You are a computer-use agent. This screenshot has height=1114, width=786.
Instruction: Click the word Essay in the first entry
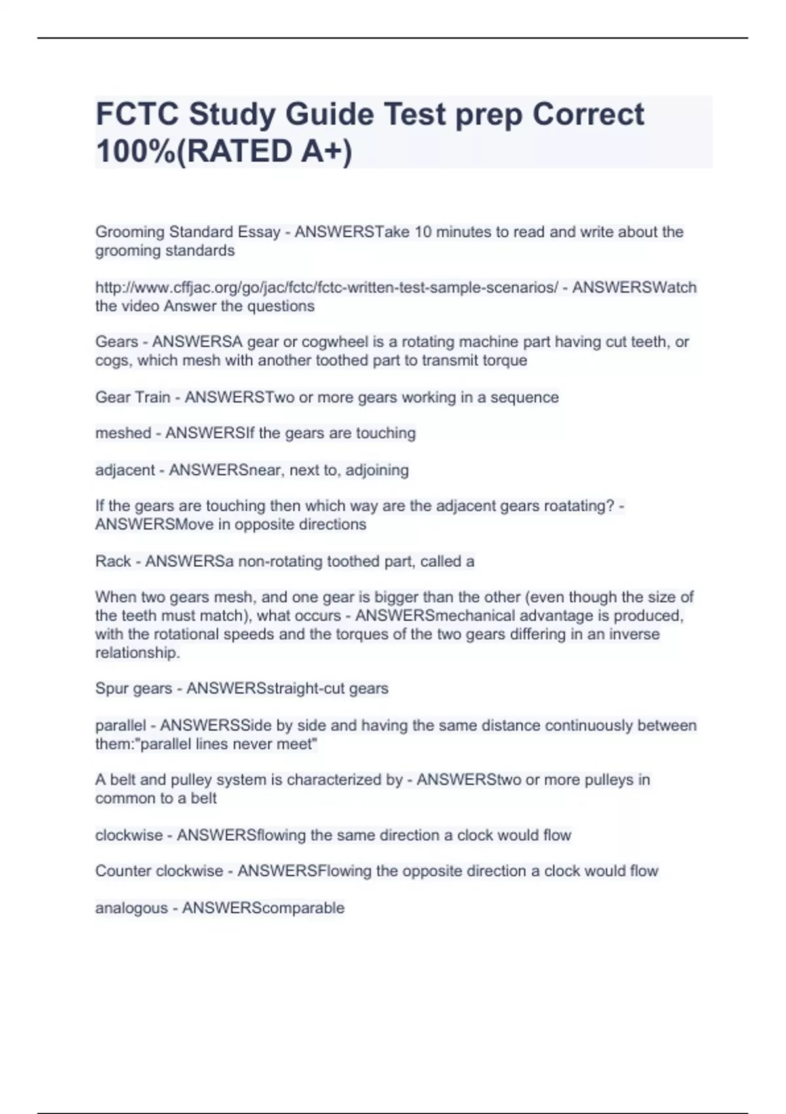pos(259,232)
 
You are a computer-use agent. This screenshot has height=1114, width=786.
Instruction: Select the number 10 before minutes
pos(422,232)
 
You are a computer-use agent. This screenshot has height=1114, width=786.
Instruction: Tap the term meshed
pos(123,433)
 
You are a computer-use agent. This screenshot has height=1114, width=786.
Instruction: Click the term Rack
pos(113,562)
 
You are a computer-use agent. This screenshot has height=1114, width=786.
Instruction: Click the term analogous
pos(131,908)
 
